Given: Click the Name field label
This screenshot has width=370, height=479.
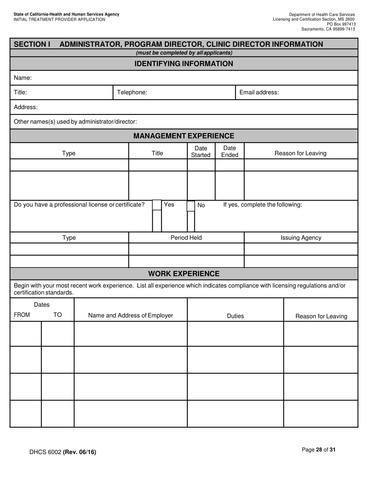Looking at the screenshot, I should click(23, 78).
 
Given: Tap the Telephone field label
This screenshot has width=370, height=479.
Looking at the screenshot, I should click(132, 92).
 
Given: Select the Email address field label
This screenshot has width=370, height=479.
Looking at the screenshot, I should click(259, 92).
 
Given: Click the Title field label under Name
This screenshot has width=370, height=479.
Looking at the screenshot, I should click(20, 92).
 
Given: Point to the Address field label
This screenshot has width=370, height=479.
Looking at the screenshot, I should click(26, 107).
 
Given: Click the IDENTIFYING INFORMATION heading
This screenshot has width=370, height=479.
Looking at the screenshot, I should click(183, 63).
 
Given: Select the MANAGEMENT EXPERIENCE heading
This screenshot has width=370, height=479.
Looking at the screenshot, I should click(183, 136).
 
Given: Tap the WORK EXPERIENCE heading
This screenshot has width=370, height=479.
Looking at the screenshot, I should click(183, 274).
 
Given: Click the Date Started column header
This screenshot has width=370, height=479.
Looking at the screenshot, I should click(201, 152).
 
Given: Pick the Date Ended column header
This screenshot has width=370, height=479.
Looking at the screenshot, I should click(229, 152).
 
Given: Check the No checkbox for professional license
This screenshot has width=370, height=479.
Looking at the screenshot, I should click(191, 206).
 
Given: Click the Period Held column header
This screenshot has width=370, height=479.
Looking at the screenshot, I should click(186, 238).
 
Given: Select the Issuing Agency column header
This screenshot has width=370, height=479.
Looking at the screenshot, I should click(301, 238).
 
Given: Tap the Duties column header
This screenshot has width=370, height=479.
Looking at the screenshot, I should click(235, 316).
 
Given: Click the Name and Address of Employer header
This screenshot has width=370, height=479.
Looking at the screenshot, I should click(130, 315).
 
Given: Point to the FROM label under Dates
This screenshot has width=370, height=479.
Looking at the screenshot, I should click(22, 315).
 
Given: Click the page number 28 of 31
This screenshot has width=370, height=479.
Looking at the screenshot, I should click(319, 450).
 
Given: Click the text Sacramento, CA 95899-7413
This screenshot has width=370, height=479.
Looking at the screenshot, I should click(328, 29).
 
